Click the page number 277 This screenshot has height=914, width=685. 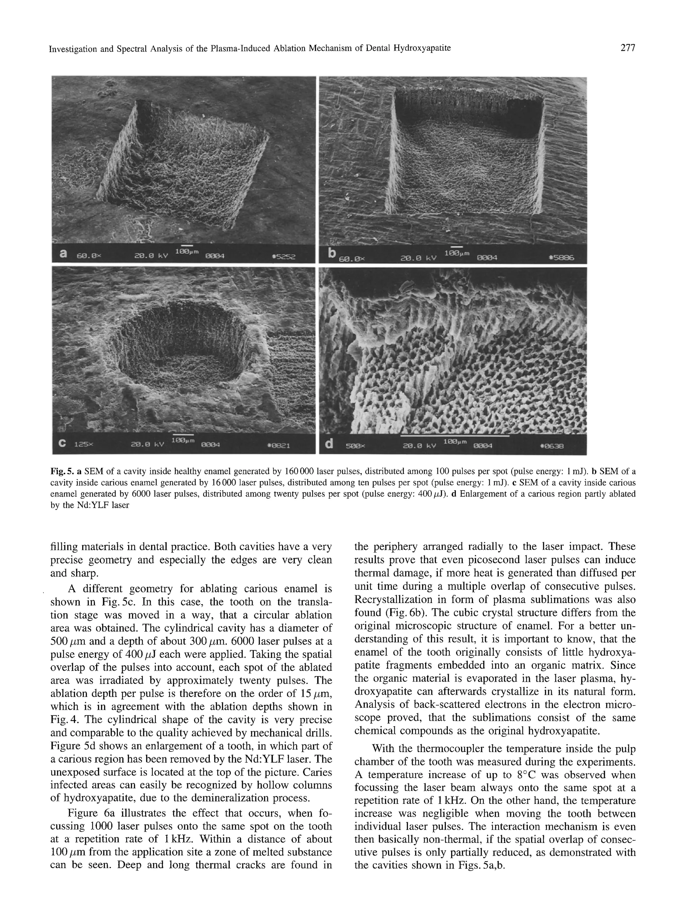click(627, 48)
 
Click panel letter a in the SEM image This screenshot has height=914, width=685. click(63, 254)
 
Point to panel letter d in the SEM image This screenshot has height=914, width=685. click(329, 444)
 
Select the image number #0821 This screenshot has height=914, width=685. click(279, 445)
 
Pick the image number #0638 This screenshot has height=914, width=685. click(552, 446)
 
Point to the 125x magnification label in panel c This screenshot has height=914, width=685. click(84, 445)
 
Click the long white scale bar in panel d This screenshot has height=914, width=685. click(454, 435)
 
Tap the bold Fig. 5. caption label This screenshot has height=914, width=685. click(62, 471)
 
